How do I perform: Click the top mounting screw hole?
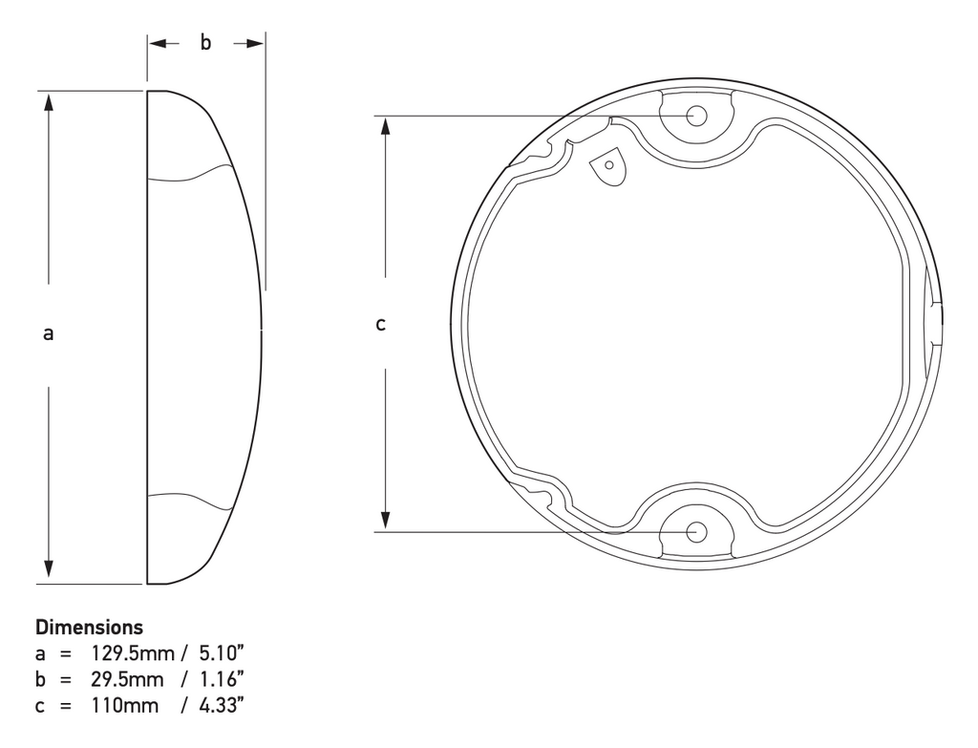pyautogui.click(x=696, y=116)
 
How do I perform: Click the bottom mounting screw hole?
pyautogui.click(x=696, y=532)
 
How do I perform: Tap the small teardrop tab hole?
pyautogui.click(x=609, y=165)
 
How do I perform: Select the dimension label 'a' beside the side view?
pyautogui.click(x=48, y=333)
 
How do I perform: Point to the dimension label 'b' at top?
pyautogui.click(x=205, y=42)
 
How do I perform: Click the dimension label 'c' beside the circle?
pyautogui.click(x=380, y=325)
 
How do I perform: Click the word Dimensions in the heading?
pyautogui.click(x=89, y=627)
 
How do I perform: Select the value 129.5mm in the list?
pyautogui.click(x=133, y=653)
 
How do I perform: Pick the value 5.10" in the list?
pyautogui.click(x=222, y=653)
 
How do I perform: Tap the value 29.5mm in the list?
pyautogui.click(x=127, y=679)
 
